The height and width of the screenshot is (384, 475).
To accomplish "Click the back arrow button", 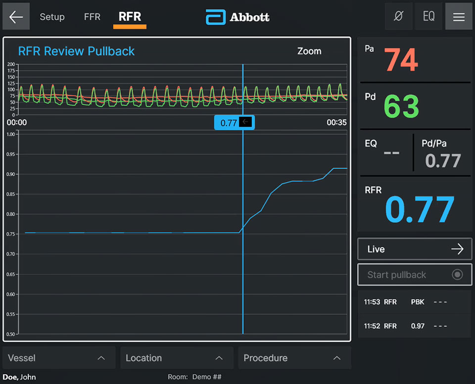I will coord(16,17).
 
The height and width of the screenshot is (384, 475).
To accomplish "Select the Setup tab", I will coord(52,17).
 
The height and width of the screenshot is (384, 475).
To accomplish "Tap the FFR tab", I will coord(92,17).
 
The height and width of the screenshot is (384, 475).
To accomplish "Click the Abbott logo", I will coord(237,17).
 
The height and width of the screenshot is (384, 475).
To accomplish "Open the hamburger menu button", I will coord(459,17).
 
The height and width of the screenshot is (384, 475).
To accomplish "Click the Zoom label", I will coord(309,51).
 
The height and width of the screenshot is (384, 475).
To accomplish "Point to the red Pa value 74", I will coord(401,60).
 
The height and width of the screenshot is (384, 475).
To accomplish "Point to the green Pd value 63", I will coord(401,106).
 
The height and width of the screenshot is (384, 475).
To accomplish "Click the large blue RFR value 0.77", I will coord(420,210).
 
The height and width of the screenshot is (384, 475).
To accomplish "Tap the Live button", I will coord(415,249).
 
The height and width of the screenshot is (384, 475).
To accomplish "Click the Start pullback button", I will coord(415,275).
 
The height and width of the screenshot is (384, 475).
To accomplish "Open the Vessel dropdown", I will coord(59,358).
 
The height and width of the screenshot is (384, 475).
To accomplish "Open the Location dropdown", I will coord(177,358).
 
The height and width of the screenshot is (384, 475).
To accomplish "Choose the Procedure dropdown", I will coord(294,358).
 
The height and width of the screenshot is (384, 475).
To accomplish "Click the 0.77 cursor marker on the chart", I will coord(234,123).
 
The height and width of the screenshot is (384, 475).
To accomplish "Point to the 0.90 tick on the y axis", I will coord(10,174).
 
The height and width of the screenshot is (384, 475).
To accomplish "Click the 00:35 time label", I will coord(336,123).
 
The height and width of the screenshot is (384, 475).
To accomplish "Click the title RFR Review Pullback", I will coord(76,51).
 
